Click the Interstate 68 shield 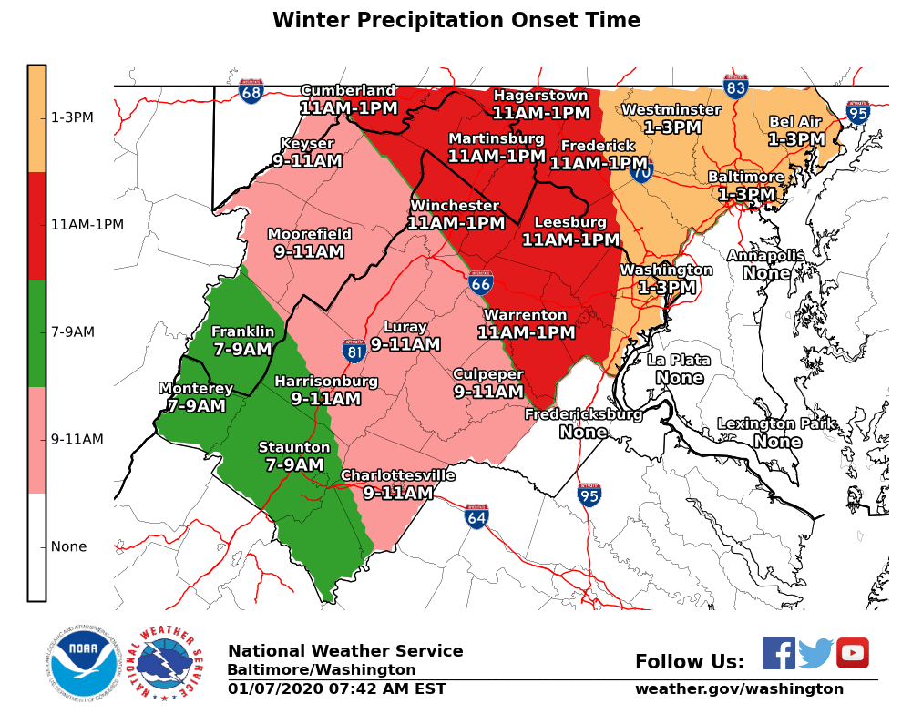pyautogui.click(x=251, y=91)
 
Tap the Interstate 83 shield pyautogui.click(x=736, y=87)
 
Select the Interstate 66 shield pyautogui.click(x=481, y=282)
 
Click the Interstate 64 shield pyautogui.click(x=476, y=517)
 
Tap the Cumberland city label pyautogui.click(x=348, y=90)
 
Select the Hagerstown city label pyautogui.click(x=540, y=96)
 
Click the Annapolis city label pyautogui.click(x=765, y=256)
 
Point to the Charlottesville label pyautogui.click(x=397, y=475)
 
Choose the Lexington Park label pyautogui.click(x=777, y=424)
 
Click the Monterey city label pyautogui.click(x=196, y=389)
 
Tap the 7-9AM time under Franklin pyautogui.click(x=242, y=350)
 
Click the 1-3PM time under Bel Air pyautogui.click(x=795, y=139)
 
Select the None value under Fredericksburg pyautogui.click(x=583, y=432)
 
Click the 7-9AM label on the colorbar pyautogui.click(x=73, y=332)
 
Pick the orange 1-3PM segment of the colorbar pyautogui.click(x=36, y=118)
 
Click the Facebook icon pyautogui.click(x=779, y=654)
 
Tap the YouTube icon pyautogui.click(x=852, y=654)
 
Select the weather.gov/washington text pyautogui.click(x=739, y=689)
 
